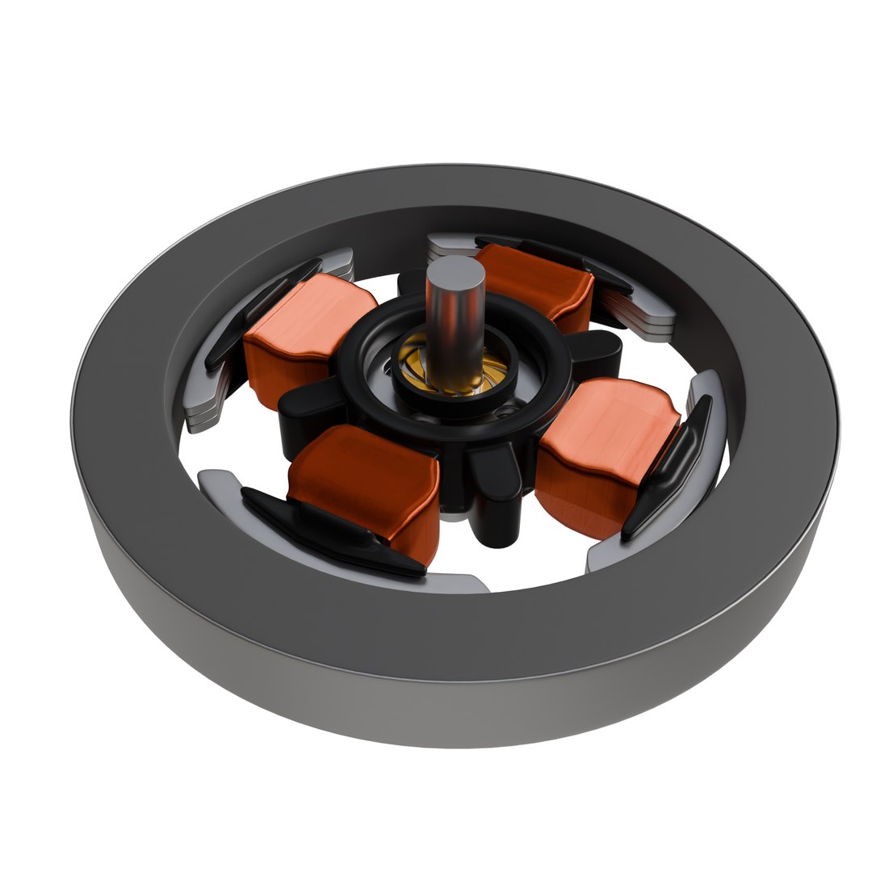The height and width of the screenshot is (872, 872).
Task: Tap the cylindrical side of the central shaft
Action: pos(454,331)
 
